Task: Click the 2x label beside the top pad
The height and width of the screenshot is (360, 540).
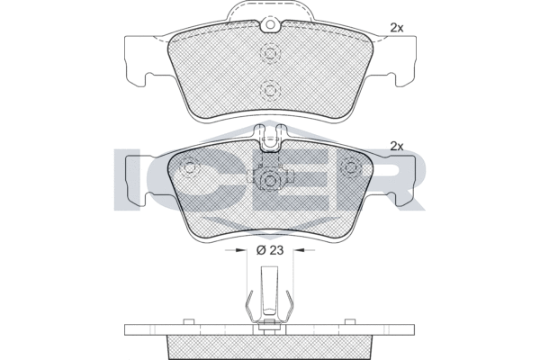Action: click(x=397, y=28)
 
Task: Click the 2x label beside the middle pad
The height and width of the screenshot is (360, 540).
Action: click(x=397, y=145)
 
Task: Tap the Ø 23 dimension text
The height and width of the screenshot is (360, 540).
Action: click(x=270, y=250)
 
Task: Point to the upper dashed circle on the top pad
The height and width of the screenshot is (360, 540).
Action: click(x=269, y=54)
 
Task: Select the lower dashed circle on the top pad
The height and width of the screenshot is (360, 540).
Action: click(x=269, y=89)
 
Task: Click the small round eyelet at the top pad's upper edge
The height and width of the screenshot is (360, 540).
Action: click(x=269, y=26)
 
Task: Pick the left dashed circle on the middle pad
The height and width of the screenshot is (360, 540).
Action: click(x=188, y=168)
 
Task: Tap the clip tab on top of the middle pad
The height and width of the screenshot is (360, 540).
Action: click(x=269, y=136)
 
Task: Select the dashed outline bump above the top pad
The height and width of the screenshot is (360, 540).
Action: click(x=269, y=11)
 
